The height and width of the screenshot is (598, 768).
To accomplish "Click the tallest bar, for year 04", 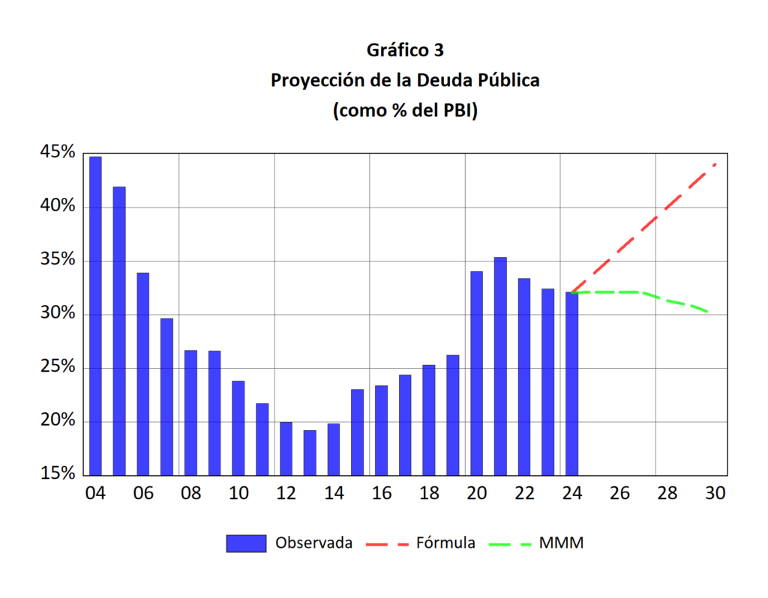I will [95, 315].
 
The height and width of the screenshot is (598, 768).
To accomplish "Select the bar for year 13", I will [310, 452].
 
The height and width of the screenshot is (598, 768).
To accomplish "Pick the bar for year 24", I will [572, 383].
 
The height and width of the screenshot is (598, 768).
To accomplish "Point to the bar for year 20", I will [476, 372].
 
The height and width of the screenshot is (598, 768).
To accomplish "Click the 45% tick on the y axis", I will [57, 153].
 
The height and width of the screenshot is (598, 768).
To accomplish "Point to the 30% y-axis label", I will [57, 313].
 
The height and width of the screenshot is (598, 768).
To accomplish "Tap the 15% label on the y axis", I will [57, 474].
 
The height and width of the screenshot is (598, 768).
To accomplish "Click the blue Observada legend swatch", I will [246, 543].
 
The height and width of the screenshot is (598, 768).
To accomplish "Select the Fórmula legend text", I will [445, 543].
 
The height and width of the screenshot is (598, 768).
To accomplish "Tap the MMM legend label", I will [561, 543].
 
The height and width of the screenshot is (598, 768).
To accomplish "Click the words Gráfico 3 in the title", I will [405, 50].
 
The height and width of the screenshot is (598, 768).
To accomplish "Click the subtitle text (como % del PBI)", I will [405, 110].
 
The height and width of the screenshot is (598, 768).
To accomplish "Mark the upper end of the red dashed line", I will [715, 164].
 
